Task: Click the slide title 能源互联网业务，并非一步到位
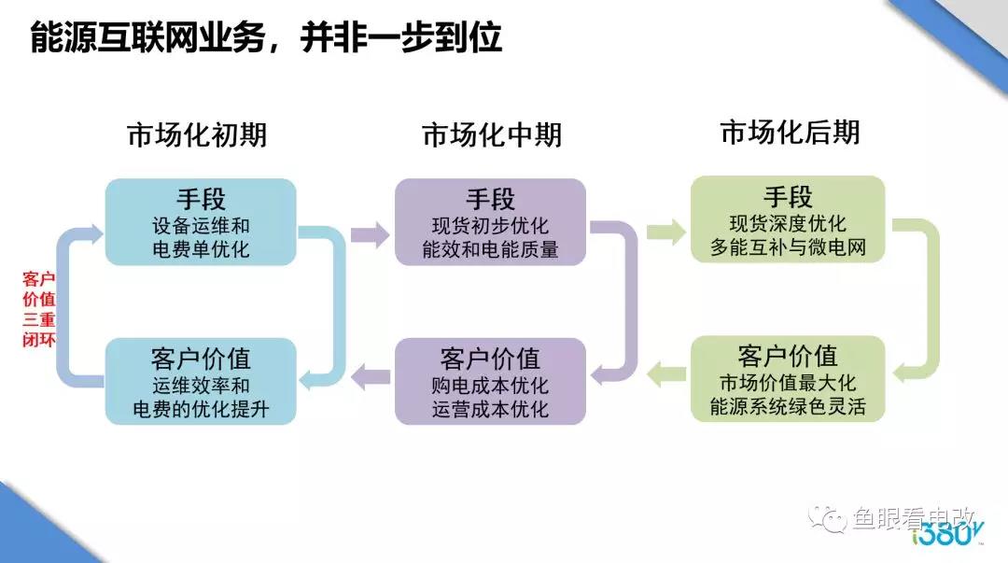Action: point(266,38)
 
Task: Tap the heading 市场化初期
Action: point(197,135)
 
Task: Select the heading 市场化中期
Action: point(492,135)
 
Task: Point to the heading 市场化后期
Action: point(790,133)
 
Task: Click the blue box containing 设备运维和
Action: point(201,222)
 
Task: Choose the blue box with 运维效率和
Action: point(201,382)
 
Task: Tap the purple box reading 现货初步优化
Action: point(490,222)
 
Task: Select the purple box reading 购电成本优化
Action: point(490,382)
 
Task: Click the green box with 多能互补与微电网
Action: point(788,220)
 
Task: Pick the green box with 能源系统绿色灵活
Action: point(788,380)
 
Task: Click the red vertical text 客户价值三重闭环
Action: point(38,309)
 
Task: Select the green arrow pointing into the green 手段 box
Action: point(665,232)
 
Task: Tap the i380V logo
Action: point(947,536)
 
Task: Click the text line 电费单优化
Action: point(201,249)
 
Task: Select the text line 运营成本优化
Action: point(490,409)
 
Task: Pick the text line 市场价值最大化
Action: point(788,384)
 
